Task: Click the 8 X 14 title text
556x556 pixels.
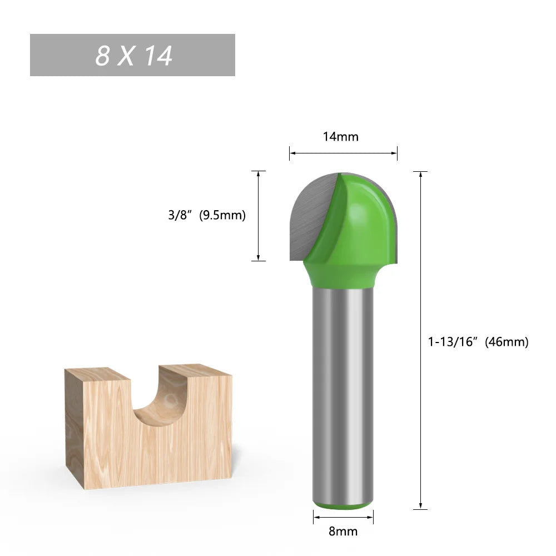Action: tap(133, 56)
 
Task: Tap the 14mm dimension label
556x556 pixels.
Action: tap(341, 137)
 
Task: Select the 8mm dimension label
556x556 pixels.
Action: tap(342, 532)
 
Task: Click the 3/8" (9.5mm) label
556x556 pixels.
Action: tap(207, 215)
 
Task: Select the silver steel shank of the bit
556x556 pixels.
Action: tap(342, 389)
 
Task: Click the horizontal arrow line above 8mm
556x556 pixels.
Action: tap(343, 517)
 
